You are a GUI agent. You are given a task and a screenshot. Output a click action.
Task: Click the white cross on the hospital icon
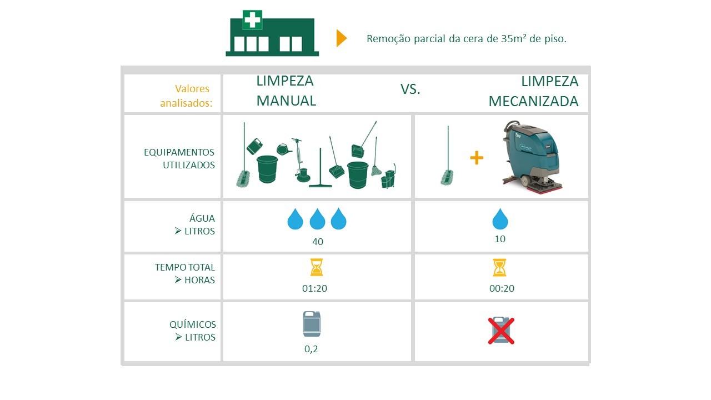point(252,19)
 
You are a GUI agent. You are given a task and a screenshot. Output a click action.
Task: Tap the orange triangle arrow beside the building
point(342,38)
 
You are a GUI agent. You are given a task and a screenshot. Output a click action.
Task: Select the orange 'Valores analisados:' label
point(186,96)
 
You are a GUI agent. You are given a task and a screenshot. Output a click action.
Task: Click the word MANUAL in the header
point(286,101)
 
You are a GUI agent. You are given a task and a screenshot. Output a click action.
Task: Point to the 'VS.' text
point(410,89)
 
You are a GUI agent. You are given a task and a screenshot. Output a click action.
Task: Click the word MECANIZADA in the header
point(533,101)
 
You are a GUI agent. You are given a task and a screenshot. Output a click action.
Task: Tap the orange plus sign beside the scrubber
point(477,158)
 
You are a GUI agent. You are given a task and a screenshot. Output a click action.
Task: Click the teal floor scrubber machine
point(530,157)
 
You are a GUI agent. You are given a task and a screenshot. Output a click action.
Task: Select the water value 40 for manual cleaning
point(317,242)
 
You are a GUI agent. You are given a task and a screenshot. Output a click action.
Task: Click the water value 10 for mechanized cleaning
point(500,239)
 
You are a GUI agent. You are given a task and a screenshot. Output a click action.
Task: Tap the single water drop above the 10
point(500,219)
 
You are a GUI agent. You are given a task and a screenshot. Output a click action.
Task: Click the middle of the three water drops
point(317,219)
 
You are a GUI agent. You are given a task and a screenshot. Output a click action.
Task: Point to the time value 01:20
point(314,288)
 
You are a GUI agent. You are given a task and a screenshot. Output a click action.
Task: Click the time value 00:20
point(502,288)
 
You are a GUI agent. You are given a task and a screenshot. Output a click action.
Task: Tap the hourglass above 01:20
point(317,267)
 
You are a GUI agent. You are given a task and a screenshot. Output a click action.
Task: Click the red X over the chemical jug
point(501,331)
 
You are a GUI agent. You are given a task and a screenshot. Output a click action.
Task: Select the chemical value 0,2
point(311,349)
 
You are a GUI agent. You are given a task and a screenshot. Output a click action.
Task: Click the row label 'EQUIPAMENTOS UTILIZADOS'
point(179,158)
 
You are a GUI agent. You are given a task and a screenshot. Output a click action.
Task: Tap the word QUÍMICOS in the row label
point(193,324)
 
